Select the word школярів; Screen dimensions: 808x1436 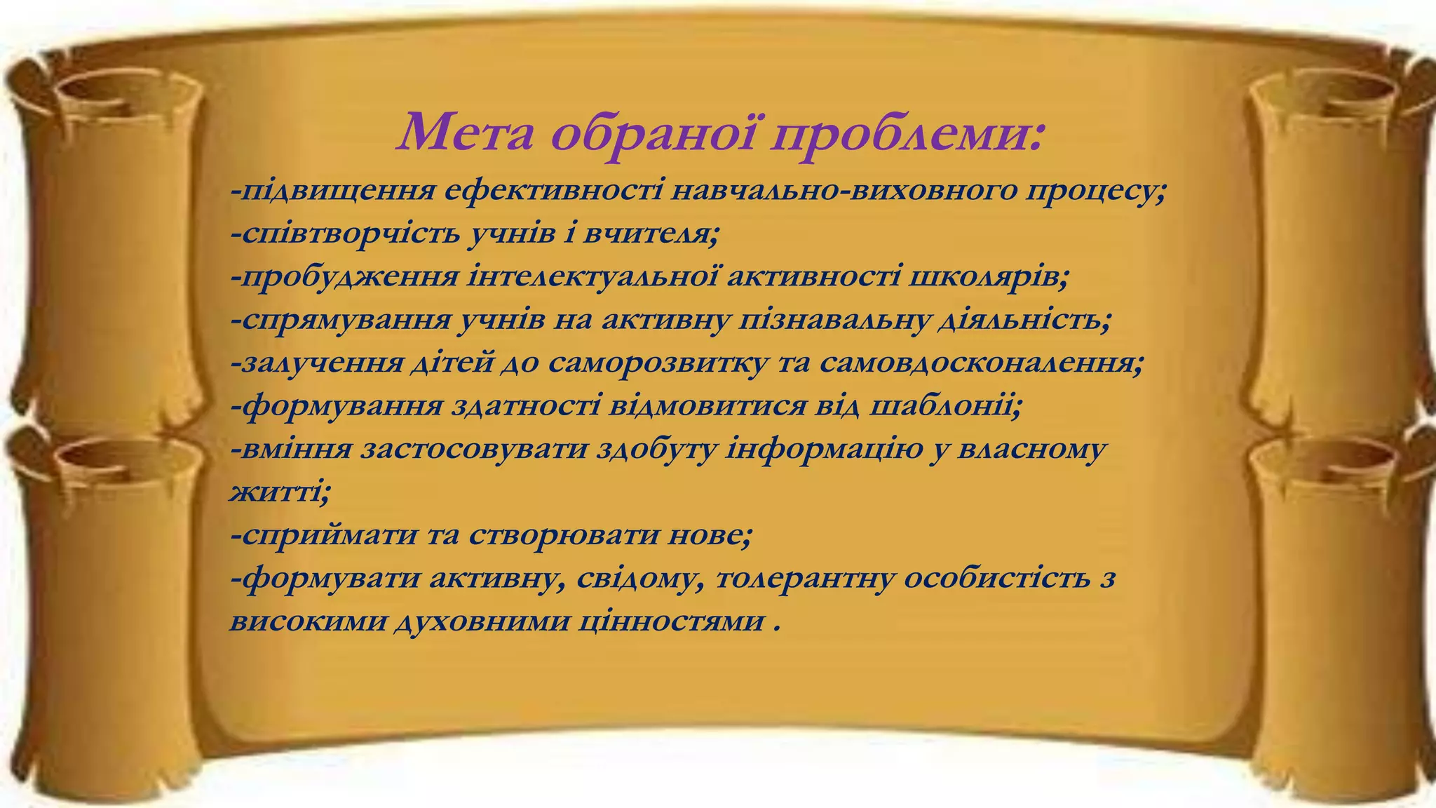tap(989, 276)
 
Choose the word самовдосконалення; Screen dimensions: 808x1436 tap(982, 363)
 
